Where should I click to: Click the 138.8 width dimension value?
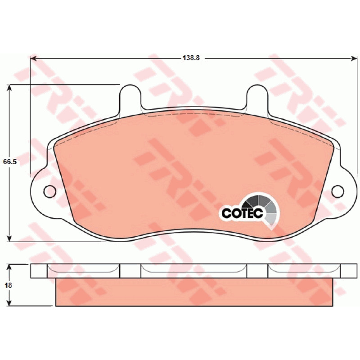pos(191,58)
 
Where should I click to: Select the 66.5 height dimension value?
pos(9,162)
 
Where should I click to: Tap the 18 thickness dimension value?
pos(8,285)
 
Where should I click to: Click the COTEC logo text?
pos(242,213)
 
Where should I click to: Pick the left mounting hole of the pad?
pos(49,191)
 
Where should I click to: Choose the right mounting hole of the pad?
pos(338,191)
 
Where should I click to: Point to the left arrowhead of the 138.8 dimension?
pos(33,59)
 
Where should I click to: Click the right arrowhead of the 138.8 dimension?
pos(354,59)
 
